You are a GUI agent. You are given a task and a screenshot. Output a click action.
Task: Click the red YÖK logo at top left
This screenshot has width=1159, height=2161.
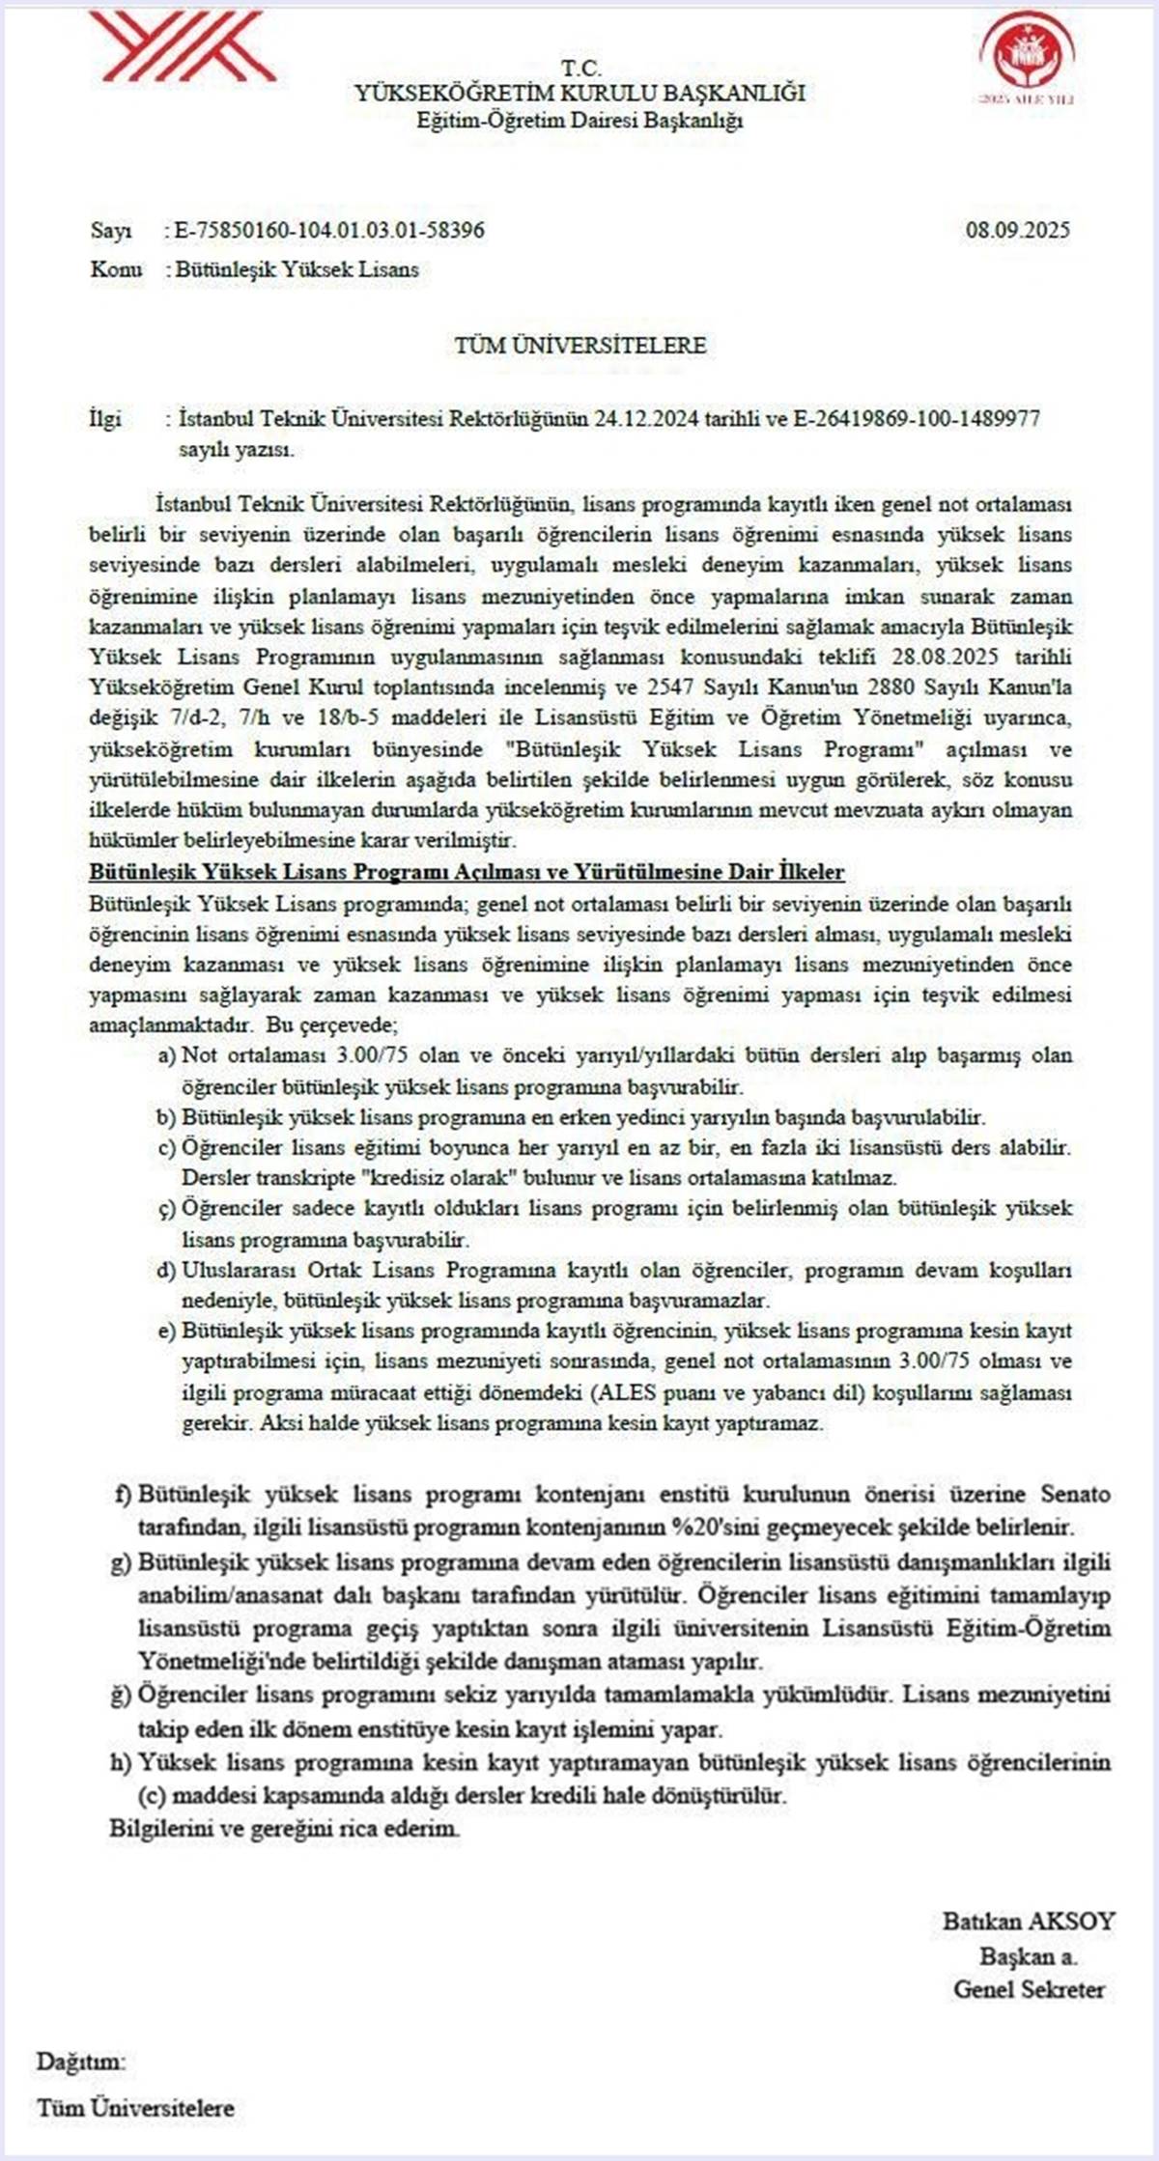pos(181,45)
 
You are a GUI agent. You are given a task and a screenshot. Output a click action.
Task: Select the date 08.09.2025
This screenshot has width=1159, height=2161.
pos(1017,230)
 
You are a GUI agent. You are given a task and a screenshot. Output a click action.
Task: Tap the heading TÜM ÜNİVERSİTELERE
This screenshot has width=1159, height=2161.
pos(580,345)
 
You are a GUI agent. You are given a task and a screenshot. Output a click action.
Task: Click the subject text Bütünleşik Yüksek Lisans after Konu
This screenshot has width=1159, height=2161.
pos(297,269)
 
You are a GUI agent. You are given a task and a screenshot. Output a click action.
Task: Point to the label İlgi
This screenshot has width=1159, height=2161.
pos(105,419)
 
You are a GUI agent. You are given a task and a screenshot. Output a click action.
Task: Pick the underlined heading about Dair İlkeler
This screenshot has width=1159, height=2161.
pos(466,872)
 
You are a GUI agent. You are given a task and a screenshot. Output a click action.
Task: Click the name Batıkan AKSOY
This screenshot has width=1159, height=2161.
pos(1029,1921)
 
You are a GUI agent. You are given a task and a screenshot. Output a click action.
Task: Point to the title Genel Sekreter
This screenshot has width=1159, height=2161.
pos(1029,1989)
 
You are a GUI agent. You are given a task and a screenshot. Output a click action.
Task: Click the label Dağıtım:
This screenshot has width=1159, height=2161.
pos(81,2062)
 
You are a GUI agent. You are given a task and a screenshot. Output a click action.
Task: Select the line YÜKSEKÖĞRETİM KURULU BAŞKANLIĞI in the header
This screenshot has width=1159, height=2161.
pos(579,94)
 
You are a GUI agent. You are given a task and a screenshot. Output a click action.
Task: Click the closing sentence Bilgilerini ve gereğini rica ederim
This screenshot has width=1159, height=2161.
pos(285,1828)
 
